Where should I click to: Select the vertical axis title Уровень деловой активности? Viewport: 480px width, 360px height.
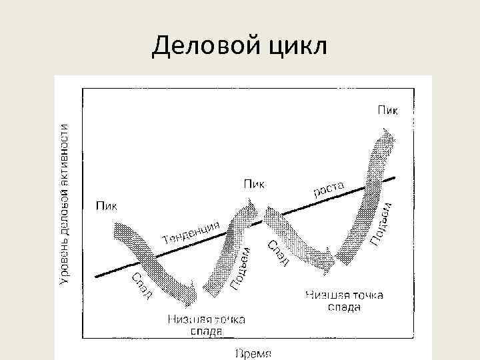[65, 205]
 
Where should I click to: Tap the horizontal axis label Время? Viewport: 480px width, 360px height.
[253, 352]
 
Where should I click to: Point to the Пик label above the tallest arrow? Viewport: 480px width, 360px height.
[389, 109]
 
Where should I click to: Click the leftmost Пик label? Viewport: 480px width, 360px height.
[106, 205]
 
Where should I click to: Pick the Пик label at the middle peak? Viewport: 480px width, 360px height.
[253, 183]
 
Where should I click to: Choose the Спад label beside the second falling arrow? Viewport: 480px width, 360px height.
[278, 253]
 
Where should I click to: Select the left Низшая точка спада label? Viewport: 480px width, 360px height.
[206, 324]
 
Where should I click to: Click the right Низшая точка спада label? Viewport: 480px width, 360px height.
[344, 301]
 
